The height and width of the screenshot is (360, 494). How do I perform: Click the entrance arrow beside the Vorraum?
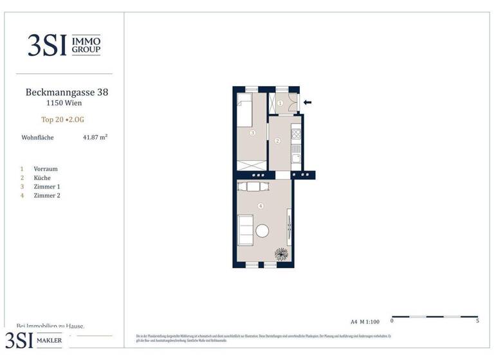point(307,102)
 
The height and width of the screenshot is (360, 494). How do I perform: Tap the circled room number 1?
point(280,103)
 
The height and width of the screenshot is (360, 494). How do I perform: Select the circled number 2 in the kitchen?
point(278,141)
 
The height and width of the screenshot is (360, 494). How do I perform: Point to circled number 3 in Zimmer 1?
point(253,133)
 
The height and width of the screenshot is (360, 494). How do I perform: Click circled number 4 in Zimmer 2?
point(260,206)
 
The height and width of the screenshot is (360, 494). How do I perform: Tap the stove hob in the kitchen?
point(296,134)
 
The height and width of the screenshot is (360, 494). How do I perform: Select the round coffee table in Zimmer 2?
point(263,230)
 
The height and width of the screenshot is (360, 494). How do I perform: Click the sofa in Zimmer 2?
point(245,230)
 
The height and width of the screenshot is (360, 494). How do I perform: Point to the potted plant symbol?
point(281,254)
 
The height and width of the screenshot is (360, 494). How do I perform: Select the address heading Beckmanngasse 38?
point(67,92)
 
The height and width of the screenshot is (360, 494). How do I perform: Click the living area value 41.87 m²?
point(95,137)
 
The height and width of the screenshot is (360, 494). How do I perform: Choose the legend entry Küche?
point(43,178)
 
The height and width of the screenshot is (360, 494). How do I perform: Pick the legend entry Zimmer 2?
point(47,195)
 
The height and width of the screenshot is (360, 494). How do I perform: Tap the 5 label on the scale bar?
point(477,320)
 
